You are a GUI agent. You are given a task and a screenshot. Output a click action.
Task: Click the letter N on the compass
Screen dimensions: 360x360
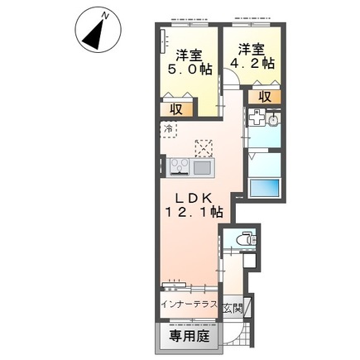coord(104,16)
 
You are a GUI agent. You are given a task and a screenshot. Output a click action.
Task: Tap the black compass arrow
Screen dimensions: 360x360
coord(94,36)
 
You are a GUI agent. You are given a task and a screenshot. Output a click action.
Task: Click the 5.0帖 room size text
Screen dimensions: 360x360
coord(190,70)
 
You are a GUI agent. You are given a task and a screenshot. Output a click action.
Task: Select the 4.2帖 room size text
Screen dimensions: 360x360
coord(252,64)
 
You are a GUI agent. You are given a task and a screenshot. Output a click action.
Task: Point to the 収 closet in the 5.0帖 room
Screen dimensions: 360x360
coord(176,110)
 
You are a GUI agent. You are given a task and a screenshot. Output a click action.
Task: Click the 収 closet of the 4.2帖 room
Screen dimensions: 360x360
coord(265,97)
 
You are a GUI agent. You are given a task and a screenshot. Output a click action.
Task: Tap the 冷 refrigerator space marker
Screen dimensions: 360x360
coord(168,129)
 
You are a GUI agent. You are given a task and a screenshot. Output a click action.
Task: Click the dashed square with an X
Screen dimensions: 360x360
coord(204,147)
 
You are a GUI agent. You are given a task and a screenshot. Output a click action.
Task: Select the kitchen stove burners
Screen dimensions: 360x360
coord(180,167)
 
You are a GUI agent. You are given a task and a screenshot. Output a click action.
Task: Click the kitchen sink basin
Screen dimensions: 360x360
coord(202,168)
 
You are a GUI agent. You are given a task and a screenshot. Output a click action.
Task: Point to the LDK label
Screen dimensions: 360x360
coord(194,198)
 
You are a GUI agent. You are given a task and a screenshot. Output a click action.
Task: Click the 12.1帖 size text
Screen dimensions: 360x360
coord(194,212)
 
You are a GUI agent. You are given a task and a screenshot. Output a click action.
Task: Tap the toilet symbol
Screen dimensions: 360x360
coord(246,239)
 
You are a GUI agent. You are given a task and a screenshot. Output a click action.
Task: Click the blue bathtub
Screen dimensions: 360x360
coord(264,188)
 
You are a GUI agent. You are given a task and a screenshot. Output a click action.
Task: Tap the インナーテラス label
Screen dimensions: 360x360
coord(189,305)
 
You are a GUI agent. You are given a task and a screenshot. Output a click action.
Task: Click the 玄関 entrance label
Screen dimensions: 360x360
coord(233,308)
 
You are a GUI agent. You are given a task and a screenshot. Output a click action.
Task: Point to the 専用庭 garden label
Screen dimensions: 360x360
coord(190,336)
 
